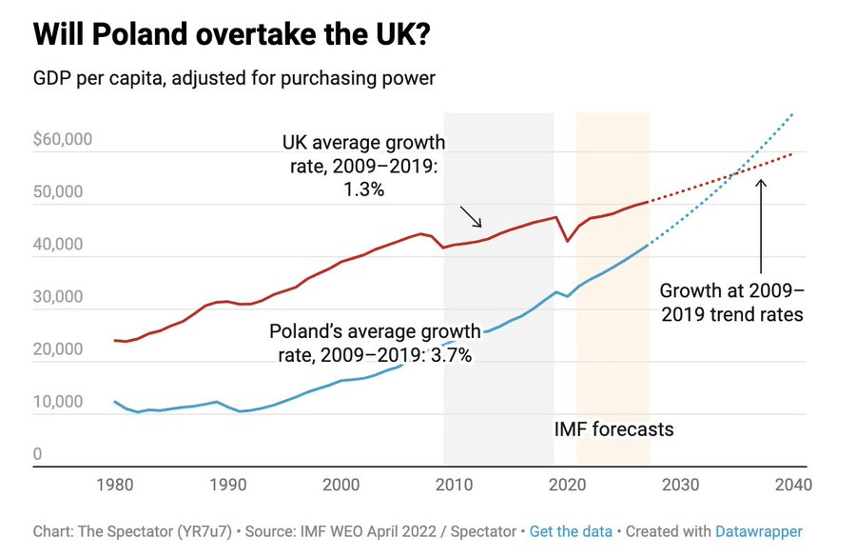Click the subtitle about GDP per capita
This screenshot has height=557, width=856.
coord(234,78)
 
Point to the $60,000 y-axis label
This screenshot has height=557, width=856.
coord(63,140)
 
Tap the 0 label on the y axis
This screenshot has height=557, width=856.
coord(38,454)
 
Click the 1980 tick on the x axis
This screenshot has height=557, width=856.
coord(115,484)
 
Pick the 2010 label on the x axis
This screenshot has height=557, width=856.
coord(455,484)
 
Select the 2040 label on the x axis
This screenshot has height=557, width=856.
coord(792,484)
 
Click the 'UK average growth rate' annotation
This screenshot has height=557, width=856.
coord(363,166)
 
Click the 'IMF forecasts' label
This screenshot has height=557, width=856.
coord(613,429)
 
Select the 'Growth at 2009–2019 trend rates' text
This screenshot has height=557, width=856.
coord(731,302)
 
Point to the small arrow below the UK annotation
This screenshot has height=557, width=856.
coord(471,216)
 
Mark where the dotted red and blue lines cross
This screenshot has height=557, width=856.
coord(735,173)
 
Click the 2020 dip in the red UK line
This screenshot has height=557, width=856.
coord(568,241)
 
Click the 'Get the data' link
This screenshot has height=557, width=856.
coord(571,531)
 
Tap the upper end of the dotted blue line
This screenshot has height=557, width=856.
coord(791,114)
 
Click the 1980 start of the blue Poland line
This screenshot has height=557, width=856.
coord(115,402)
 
